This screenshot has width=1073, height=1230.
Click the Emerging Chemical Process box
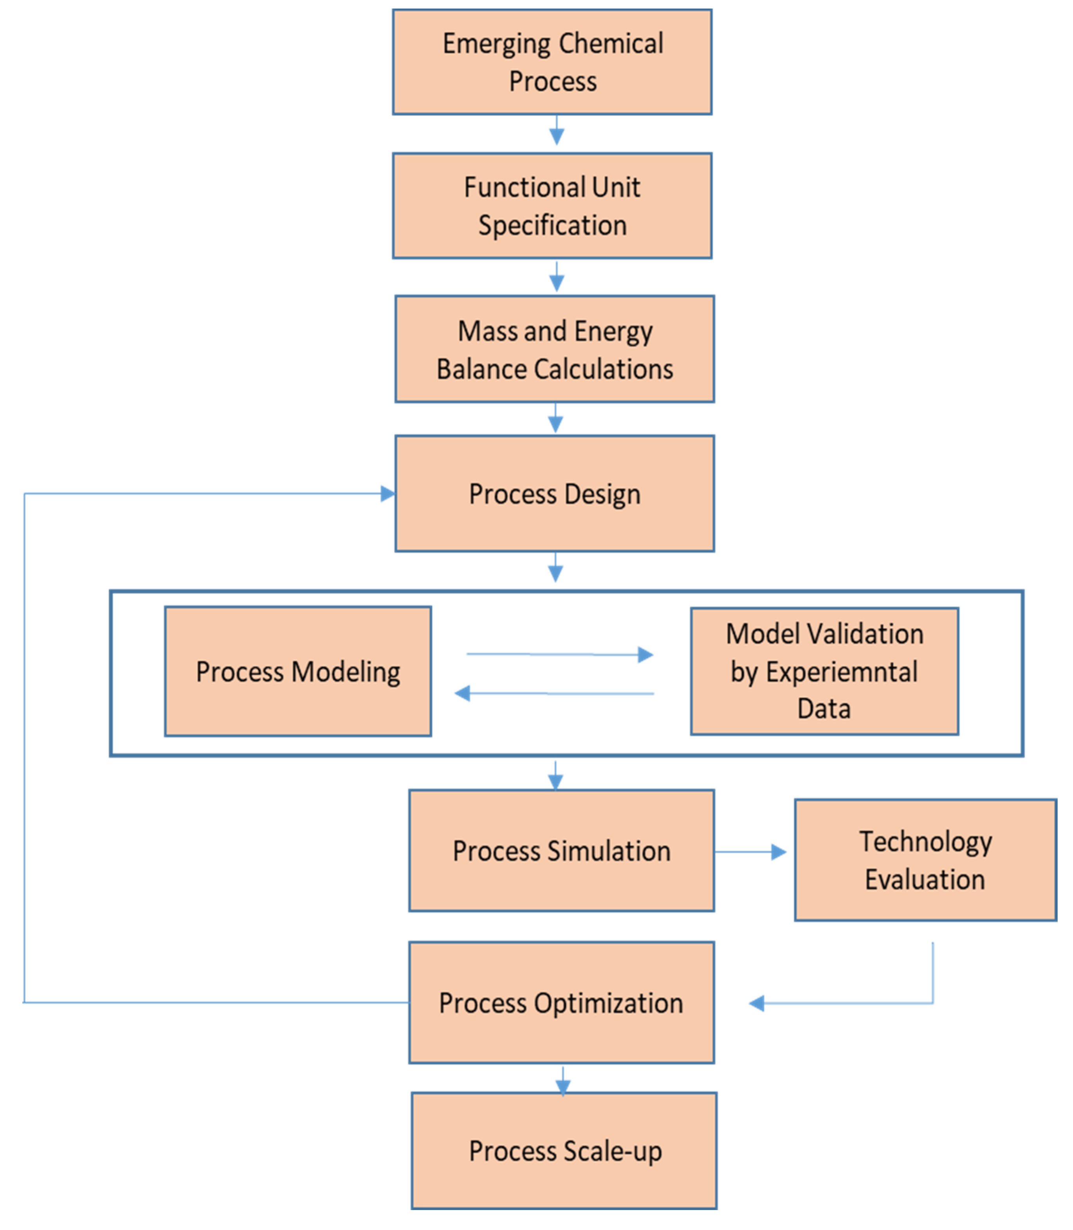click(552, 62)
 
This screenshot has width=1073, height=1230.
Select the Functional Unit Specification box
click(552, 206)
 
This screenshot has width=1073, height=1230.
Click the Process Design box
click(554, 493)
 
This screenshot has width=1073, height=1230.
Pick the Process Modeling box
click(298, 671)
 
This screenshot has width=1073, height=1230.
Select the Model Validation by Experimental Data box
click(824, 671)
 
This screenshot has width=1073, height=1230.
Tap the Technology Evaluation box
click(925, 860)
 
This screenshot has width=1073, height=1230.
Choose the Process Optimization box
click(561, 1003)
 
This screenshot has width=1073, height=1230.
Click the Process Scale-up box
click(564, 1151)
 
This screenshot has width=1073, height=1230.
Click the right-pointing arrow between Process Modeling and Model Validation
click(560, 655)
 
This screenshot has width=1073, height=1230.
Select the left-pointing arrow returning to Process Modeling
click(554, 693)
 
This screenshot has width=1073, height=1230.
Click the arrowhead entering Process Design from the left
click(388, 493)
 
